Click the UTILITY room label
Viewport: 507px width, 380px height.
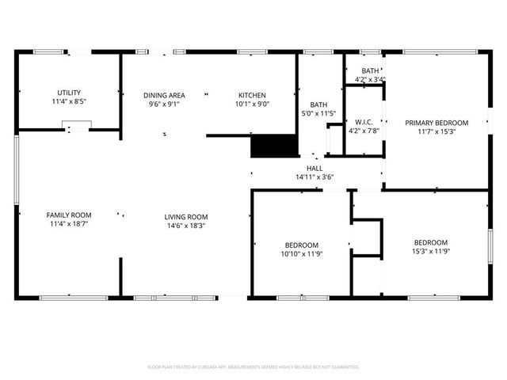tap(69, 93)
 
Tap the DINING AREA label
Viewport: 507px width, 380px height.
tap(165, 95)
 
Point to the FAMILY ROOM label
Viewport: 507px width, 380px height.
tap(69, 215)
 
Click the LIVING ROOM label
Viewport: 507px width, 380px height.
tap(186, 217)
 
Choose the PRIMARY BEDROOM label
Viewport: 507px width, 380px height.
tap(436, 123)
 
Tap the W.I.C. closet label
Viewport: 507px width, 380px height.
tap(364, 121)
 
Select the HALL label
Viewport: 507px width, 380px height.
tap(314, 168)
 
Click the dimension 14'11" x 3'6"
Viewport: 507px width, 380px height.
tap(314, 177)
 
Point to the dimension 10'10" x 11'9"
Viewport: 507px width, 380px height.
tap(302, 254)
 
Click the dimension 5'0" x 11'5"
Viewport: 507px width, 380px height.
tap(318, 113)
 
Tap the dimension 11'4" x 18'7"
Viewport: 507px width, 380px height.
tap(69, 224)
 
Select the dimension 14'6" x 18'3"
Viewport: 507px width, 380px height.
tap(186, 226)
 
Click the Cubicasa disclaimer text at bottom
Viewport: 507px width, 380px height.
tap(253, 367)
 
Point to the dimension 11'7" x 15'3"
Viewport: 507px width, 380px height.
tap(436, 132)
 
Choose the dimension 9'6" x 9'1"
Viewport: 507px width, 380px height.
tap(165, 104)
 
